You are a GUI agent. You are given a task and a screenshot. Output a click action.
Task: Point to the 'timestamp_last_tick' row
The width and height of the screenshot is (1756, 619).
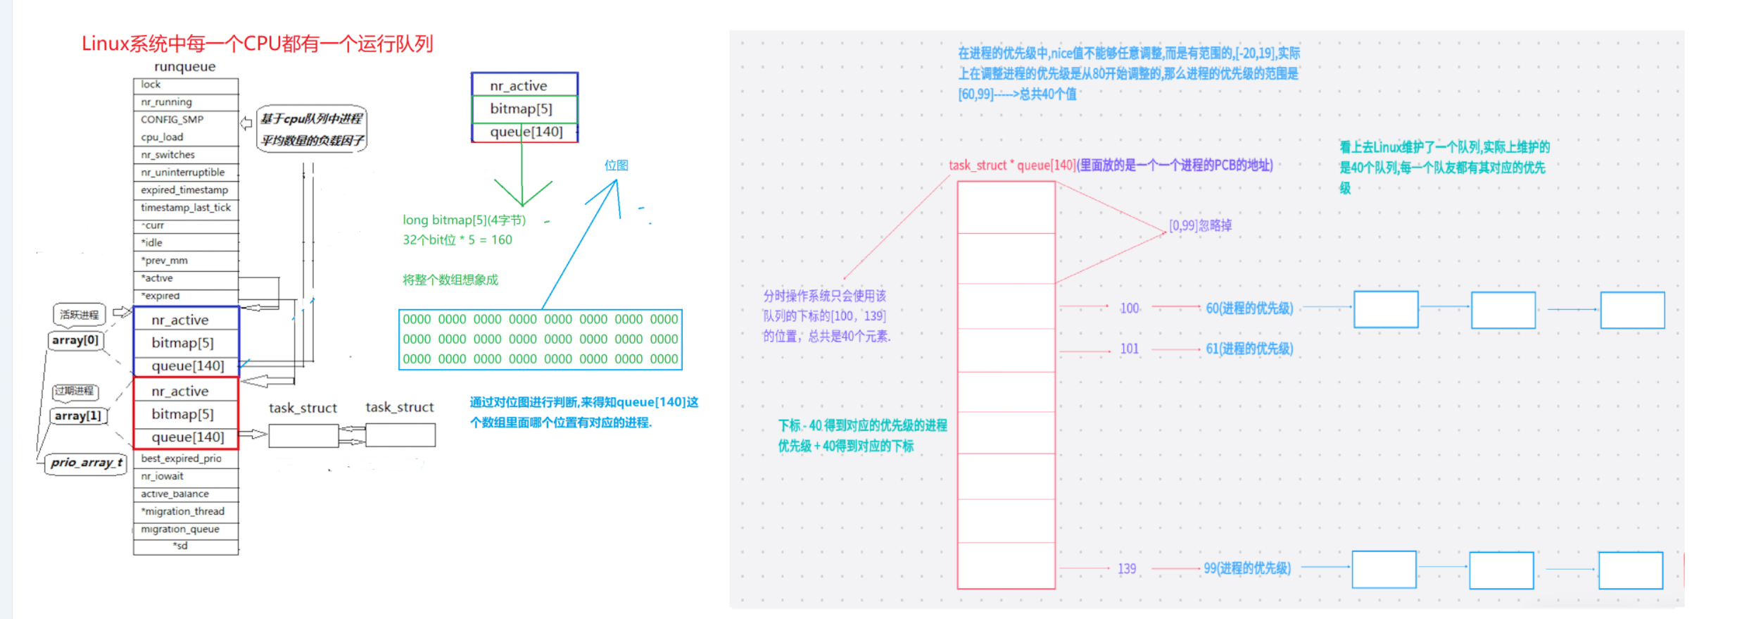pyautogui.click(x=186, y=208)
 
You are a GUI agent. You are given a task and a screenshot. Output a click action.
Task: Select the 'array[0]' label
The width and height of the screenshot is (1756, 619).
pyautogui.click(x=75, y=341)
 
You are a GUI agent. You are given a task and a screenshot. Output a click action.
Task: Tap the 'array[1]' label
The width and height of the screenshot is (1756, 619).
pyautogui.click(x=78, y=416)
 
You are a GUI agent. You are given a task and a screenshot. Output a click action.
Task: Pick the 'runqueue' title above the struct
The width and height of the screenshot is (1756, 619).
pyautogui.click(x=185, y=67)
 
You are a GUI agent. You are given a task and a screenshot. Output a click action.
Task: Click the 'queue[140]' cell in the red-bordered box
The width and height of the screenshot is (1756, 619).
pyautogui.click(x=188, y=437)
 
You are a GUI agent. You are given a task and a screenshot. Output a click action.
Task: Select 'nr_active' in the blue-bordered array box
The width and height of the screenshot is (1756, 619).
pyautogui.click(x=180, y=320)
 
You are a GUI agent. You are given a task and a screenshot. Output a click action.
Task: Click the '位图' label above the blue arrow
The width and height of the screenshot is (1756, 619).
pyautogui.click(x=617, y=165)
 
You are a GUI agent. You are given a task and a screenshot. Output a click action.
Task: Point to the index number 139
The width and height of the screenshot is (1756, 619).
pyautogui.click(x=1127, y=569)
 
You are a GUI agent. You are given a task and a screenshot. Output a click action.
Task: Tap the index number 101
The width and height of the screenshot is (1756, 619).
pyautogui.click(x=1130, y=349)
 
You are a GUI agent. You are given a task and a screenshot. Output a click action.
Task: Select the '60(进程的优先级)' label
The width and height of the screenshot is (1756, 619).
pyautogui.click(x=1249, y=308)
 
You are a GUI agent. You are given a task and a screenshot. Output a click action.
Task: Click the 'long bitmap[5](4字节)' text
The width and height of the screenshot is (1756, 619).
pyautogui.click(x=464, y=220)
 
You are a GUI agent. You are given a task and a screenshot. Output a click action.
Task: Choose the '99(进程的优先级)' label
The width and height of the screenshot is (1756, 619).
pyautogui.click(x=1247, y=568)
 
